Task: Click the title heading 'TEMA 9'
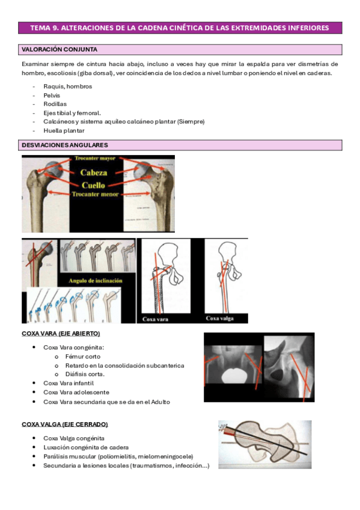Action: tap(180, 28)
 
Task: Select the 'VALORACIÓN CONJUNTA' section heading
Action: tap(59, 49)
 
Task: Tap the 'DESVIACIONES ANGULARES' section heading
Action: tap(64, 145)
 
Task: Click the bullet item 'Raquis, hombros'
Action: tap(68, 87)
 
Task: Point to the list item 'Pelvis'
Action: tap(52, 95)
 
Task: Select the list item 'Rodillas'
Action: tap(55, 104)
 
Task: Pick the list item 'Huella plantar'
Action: tap(64, 131)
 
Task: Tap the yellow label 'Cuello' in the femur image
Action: tap(98, 185)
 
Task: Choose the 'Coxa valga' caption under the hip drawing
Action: tap(220, 319)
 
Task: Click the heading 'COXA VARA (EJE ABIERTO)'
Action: tap(61, 333)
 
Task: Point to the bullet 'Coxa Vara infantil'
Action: tap(69, 382)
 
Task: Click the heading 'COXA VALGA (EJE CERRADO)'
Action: tap(64, 424)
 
